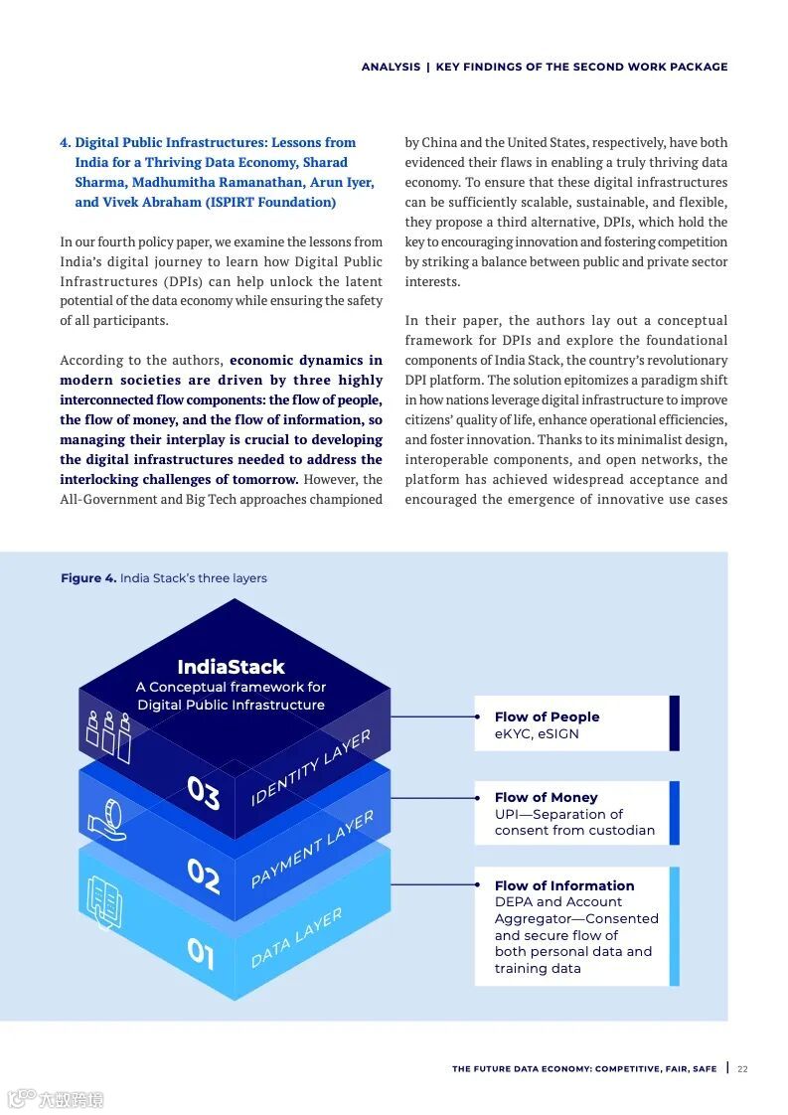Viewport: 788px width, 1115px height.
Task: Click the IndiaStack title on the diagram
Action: [231, 667]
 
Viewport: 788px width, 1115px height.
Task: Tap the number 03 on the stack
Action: [203, 793]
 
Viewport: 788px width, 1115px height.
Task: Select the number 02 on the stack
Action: [203, 876]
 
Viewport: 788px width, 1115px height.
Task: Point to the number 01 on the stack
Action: [201, 954]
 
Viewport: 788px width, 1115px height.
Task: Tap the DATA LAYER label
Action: [296, 937]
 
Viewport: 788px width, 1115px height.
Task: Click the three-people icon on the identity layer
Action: [108, 735]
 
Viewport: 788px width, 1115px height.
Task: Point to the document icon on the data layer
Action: [104, 901]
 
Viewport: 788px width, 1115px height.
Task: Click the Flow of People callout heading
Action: [547, 717]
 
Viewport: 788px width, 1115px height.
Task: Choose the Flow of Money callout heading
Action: [546, 797]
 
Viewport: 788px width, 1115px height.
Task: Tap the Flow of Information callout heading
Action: [563, 885]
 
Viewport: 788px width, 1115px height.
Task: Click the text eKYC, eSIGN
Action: [537, 734]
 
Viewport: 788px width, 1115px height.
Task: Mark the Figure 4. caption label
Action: [88, 578]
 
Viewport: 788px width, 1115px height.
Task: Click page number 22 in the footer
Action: [742, 1069]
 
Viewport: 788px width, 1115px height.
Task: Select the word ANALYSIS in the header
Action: [391, 67]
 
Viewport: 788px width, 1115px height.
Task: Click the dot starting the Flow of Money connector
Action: [478, 797]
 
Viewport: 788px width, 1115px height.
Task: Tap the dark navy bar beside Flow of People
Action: [675, 722]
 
